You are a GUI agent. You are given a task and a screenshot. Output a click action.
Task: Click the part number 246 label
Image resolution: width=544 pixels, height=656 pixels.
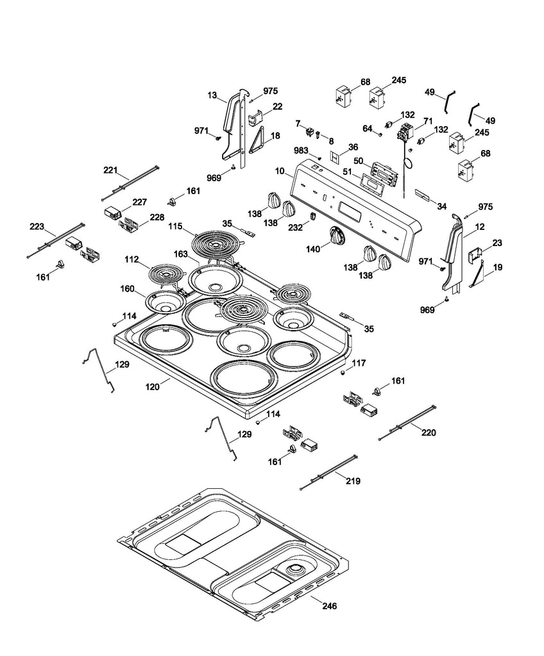click(x=328, y=605)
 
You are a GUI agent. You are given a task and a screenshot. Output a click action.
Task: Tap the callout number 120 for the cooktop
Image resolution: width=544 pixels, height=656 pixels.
click(x=152, y=388)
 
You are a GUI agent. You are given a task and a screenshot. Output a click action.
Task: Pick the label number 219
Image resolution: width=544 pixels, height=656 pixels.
click(x=352, y=480)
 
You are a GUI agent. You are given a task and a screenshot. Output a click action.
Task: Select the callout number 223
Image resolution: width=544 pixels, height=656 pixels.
click(x=37, y=227)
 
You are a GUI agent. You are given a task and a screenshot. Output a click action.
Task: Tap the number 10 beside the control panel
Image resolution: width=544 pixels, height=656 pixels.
click(x=279, y=171)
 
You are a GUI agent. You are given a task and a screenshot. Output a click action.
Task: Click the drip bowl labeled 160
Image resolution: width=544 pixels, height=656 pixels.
click(x=164, y=301)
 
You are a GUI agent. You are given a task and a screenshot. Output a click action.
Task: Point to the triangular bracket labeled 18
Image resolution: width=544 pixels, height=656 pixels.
click(x=259, y=140)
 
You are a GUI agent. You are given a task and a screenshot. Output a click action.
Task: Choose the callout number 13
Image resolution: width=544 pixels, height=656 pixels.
click(x=212, y=95)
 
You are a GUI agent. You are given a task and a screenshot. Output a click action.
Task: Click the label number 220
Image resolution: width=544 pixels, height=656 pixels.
click(x=428, y=432)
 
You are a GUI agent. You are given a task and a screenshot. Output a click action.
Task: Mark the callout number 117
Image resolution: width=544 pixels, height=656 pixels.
click(x=359, y=363)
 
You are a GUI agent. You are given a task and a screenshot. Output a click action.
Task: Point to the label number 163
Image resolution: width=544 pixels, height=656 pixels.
click(x=181, y=254)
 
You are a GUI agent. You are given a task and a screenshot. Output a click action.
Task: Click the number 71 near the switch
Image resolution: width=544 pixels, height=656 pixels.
click(x=428, y=120)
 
